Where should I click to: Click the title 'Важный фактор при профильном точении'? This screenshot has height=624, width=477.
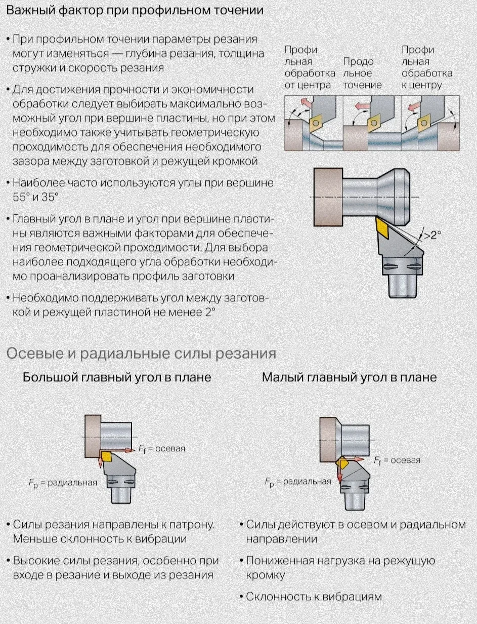pyautogui.click(x=135, y=11)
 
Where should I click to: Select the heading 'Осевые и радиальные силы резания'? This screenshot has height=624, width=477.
pyautogui.click(x=141, y=353)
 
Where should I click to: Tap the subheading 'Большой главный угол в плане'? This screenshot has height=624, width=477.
pyautogui.click(x=117, y=377)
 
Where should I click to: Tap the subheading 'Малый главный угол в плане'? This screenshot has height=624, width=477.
pyautogui.click(x=349, y=377)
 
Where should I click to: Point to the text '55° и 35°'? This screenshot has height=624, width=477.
pyautogui.click(x=35, y=197)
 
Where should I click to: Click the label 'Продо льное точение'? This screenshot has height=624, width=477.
pyautogui.click(x=363, y=73)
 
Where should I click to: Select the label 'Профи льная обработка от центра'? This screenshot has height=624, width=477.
pyautogui.click(x=310, y=67)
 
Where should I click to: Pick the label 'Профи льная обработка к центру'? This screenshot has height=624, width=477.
pyautogui.click(x=426, y=67)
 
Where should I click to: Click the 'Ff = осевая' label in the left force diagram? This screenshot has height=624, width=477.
pyautogui.click(x=162, y=449)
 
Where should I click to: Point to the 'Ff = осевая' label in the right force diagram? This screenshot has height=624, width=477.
pyautogui.click(x=397, y=460)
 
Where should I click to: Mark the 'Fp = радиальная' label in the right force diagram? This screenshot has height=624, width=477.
pyautogui.click(x=298, y=482)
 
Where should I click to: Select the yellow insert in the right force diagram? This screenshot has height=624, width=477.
pyautogui.click(x=344, y=463)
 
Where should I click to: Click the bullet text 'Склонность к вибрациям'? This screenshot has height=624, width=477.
pyautogui.click(x=314, y=597)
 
